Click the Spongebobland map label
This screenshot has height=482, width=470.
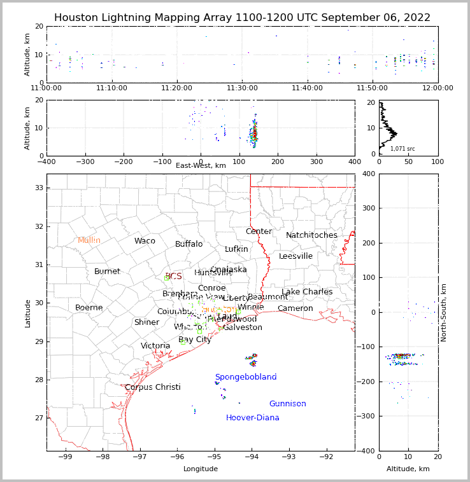point(245,377)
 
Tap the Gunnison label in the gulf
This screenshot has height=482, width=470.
point(287,404)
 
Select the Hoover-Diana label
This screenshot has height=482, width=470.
point(252,418)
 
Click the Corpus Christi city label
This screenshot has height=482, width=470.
point(152,387)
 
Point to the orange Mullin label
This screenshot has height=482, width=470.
point(89,240)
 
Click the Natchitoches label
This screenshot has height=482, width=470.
point(311,235)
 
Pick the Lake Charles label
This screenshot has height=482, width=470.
point(307,292)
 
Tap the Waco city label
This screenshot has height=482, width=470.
point(145,241)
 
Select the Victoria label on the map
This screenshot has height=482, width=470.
point(155,346)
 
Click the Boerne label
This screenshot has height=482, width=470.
point(89,308)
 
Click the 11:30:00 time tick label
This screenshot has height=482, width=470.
point(242,88)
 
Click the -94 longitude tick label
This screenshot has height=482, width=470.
point(252,457)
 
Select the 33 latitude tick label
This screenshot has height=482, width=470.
point(38,188)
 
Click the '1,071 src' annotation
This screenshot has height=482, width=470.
point(402,149)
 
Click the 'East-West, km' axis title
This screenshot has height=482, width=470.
point(201,165)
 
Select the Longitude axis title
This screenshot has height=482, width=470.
point(201,469)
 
